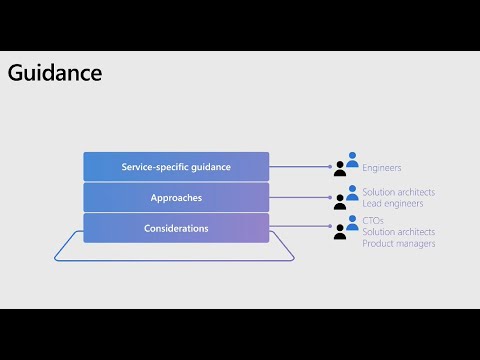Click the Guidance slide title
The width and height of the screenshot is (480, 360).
coord(55,74)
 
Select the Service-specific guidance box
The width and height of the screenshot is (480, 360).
coord(176,167)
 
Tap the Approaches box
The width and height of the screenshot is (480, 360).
coord(176,198)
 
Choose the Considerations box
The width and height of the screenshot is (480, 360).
coord(176,228)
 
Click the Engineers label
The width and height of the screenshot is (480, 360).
coord(382,168)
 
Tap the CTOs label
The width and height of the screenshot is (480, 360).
coord(372,220)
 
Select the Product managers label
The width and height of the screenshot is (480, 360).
coord(398,243)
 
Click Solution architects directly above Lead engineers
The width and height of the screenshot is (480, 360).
coord(398,192)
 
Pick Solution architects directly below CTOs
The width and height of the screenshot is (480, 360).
coord(398,232)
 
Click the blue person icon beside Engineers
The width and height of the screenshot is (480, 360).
coord(352,158)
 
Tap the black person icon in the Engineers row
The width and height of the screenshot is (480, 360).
coord(341,169)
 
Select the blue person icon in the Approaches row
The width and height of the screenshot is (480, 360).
coord(352,190)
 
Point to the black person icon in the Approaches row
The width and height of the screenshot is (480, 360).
coord(341,201)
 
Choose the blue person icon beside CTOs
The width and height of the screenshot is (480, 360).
coord(352,221)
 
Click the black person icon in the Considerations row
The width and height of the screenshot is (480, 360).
coord(341,232)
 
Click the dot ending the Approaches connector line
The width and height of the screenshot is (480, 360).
coord(327,198)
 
